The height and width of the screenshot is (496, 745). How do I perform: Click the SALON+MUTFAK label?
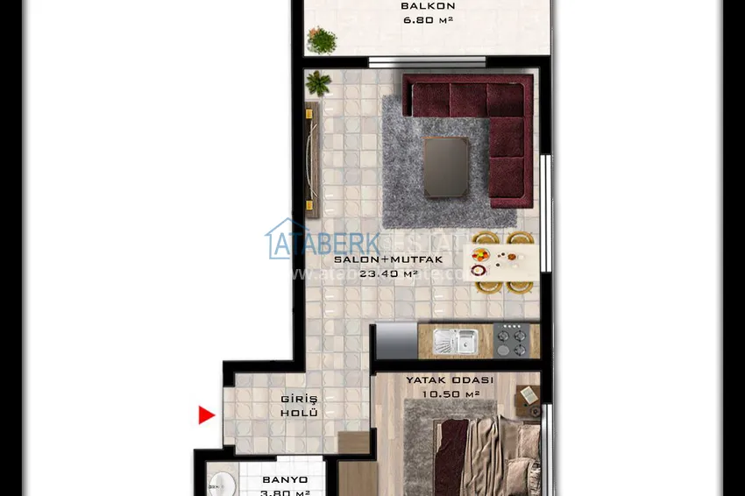(388, 260)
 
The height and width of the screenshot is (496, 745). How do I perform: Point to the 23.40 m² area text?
(388, 273)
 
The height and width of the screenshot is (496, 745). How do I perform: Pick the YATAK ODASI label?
(450, 380)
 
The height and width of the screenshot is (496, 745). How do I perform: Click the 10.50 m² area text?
(450, 393)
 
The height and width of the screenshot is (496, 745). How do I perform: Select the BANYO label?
(286, 480)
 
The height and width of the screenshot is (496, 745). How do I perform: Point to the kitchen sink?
(456, 341)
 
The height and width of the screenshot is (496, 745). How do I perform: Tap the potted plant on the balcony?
(323, 40)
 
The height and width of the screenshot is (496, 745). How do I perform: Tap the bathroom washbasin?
(220, 485)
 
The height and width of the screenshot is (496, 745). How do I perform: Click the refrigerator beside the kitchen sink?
(395, 341)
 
